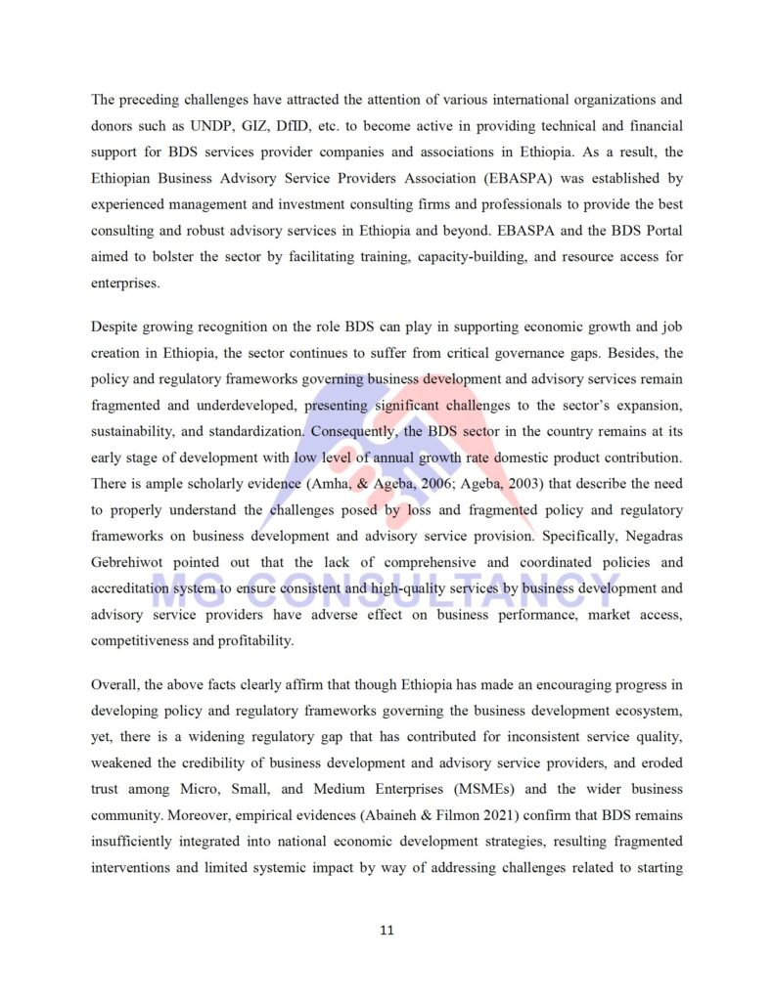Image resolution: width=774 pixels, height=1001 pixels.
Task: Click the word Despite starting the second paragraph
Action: tap(120, 326)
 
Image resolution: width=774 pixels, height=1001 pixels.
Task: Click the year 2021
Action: tap(473, 814)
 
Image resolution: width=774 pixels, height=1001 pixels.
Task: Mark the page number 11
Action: tap(387, 930)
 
